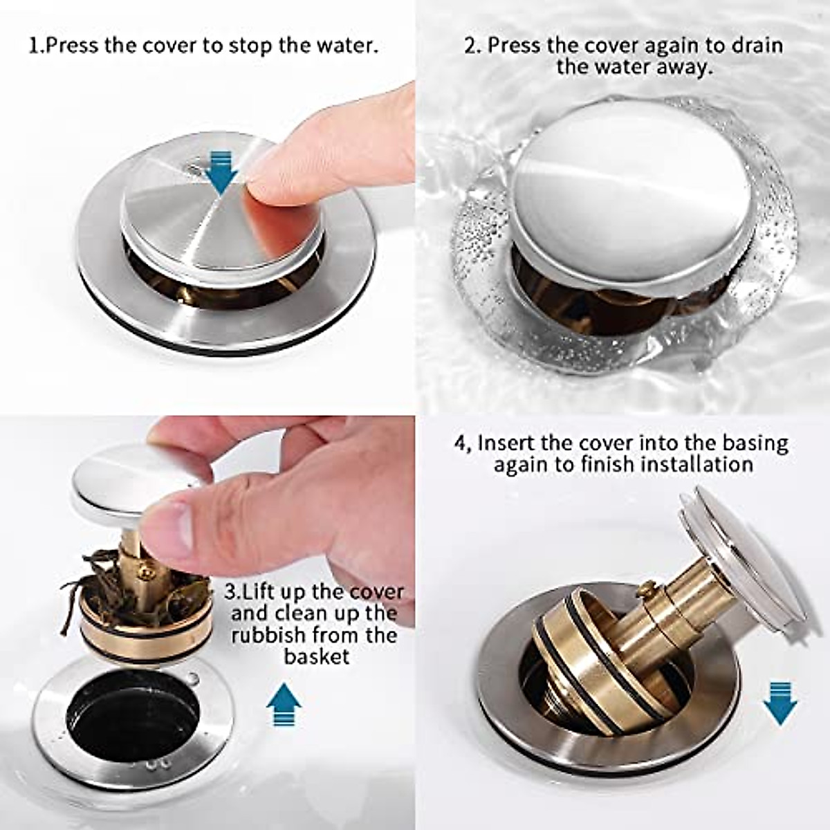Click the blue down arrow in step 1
223,173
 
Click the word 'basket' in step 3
317,656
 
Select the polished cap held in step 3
118,477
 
